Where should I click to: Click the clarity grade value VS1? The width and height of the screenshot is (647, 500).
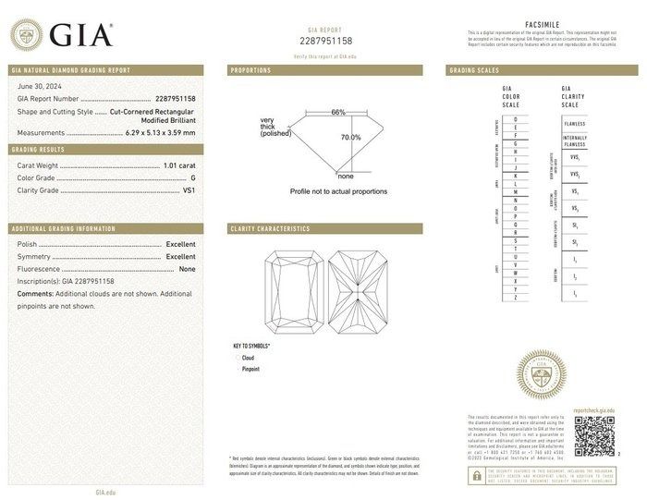point(189,190)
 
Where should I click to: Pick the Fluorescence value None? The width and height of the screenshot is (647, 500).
point(187,268)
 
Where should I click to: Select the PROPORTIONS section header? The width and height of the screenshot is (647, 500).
point(250,70)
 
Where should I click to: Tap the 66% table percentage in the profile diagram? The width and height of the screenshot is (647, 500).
point(337,112)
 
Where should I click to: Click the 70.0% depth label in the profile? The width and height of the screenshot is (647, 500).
point(350,137)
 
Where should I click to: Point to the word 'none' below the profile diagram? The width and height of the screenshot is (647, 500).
point(346,176)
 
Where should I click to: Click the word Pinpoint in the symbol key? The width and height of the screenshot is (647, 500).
point(250,369)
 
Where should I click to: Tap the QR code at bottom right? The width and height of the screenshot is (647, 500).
point(593,436)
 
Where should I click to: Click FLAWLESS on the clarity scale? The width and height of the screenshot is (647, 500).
point(574,123)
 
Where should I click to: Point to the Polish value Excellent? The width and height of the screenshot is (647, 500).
point(180,244)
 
